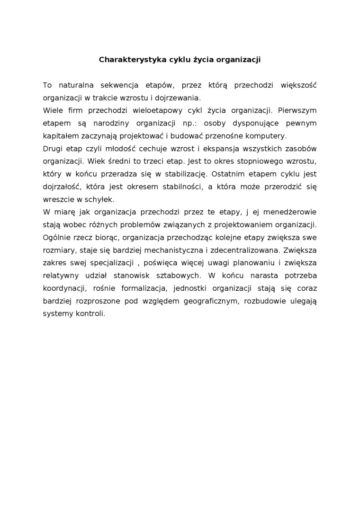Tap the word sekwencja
tap(118, 85)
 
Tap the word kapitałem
tap(59, 136)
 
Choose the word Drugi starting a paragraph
tap(53, 148)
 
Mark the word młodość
tap(107, 148)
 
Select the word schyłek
tap(99, 199)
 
